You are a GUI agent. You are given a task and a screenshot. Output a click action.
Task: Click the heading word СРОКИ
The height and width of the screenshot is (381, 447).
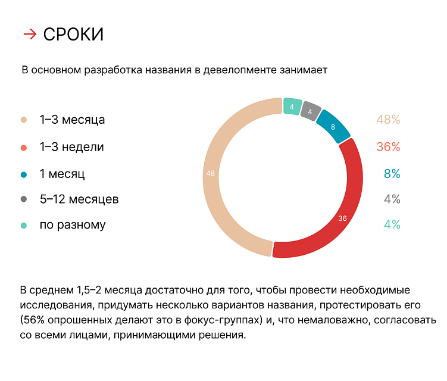[x=73, y=35]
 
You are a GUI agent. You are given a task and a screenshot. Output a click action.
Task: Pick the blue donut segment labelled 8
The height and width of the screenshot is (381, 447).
[x=333, y=126]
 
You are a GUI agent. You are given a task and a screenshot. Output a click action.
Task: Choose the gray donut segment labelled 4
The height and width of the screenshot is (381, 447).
[x=310, y=111]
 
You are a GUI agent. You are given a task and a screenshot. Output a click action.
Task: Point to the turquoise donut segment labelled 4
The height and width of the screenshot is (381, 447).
[x=292, y=107]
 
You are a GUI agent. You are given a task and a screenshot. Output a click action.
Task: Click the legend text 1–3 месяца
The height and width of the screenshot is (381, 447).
[x=72, y=120]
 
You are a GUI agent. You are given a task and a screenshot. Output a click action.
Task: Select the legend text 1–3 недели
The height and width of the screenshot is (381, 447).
[x=71, y=146]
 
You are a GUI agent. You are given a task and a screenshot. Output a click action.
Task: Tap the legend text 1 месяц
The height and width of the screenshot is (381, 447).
[x=62, y=174]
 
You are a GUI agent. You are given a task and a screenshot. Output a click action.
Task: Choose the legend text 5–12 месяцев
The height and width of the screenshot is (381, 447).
[x=79, y=199]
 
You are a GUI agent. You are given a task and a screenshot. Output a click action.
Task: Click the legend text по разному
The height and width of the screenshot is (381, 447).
[x=73, y=225]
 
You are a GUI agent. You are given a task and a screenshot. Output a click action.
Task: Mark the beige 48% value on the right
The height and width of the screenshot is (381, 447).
[x=388, y=120]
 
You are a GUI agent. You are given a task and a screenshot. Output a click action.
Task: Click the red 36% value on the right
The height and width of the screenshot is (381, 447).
[x=388, y=146]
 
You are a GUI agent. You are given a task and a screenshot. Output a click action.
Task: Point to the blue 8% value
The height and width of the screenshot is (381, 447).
[x=392, y=174]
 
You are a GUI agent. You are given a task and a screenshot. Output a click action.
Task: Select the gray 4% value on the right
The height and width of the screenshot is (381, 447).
[x=392, y=199]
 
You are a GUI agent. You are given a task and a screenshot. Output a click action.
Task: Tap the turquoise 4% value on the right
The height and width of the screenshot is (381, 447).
[x=392, y=225]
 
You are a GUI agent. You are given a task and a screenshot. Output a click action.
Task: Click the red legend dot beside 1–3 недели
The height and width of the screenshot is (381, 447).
[x=24, y=147]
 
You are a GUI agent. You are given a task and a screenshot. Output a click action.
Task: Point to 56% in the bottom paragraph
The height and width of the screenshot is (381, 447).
[x=35, y=321]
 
